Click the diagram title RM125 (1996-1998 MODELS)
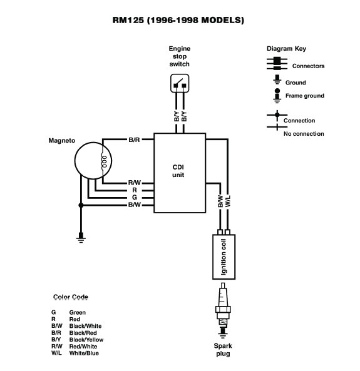click(x=180, y=20)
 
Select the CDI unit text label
click(x=180, y=171)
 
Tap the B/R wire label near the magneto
click(x=134, y=140)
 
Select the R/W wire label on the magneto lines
click(x=134, y=182)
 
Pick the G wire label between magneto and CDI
click(x=134, y=197)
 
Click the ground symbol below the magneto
click(x=81, y=236)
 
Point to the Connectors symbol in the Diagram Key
click(x=274, y=63)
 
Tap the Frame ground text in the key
click(x=304, y=96)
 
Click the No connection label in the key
click(x=304, y=133)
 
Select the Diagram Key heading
click(x=287, y=49)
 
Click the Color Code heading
click(x=71, y=297)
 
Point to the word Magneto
click(x=63, y=140)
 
